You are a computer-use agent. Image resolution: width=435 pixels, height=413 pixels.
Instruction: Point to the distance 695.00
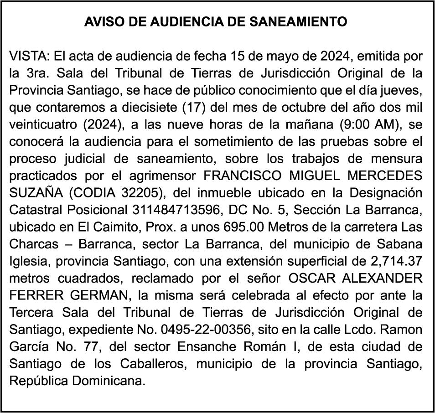coord(244,227)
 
